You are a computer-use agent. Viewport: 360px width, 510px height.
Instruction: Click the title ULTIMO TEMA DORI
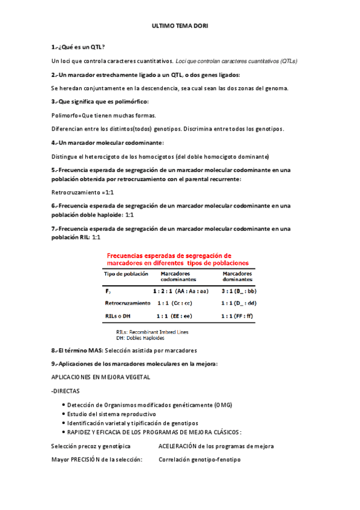tap(180, 26)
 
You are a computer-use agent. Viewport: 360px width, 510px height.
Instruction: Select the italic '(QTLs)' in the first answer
tap(288, 61)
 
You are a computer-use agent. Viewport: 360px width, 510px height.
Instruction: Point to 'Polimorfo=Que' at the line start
tap(72, 115)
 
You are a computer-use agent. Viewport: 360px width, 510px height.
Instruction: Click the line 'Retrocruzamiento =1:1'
tap(82, 192)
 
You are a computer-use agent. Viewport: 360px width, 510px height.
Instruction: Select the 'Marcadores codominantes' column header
tap(178, 277)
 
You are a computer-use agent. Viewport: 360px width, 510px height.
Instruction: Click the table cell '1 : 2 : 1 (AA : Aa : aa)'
tap(180, 290)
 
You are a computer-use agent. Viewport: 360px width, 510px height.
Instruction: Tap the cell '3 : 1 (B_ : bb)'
tap(239, 290)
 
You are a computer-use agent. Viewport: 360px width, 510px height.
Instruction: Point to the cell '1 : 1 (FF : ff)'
tap(239, 316)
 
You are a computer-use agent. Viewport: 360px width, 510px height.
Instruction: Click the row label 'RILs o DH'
tap(119, 316)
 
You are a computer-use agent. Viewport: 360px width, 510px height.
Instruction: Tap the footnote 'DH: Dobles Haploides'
tap(140, 338)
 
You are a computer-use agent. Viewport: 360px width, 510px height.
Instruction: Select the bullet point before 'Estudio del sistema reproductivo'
tap(63, 414)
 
